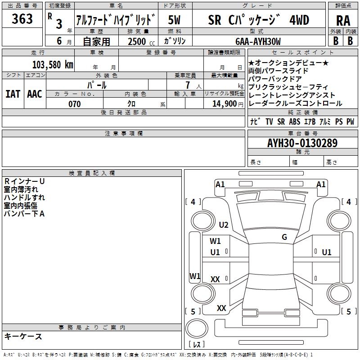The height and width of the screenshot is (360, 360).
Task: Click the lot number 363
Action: tap(22, 19)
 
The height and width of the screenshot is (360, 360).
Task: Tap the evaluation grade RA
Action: tap(343, 21)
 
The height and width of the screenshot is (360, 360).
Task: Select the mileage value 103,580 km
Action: tap(53, 64)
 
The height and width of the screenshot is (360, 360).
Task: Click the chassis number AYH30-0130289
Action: tap(302, 143)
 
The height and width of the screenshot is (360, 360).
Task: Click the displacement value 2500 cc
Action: tap(139, 41)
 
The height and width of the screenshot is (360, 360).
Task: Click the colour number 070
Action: tap(74, 104)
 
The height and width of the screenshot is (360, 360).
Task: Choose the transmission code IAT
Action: tap(13, 94)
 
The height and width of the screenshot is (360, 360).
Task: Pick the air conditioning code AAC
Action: tap(34, 94)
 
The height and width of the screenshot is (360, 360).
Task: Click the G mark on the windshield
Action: tap(284, 237)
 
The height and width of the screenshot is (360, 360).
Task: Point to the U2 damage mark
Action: tap(224, 225)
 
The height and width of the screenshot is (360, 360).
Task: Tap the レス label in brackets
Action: tap(197, 345)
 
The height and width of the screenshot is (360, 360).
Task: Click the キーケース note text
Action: tap(23, 337)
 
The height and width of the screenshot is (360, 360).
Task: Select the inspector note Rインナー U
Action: tap(24, 181)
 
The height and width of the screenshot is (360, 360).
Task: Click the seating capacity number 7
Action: tap(187, 85)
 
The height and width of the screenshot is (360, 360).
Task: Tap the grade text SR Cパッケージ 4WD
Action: tap(258, 20)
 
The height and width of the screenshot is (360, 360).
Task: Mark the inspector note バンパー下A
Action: tap(24, 213)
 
